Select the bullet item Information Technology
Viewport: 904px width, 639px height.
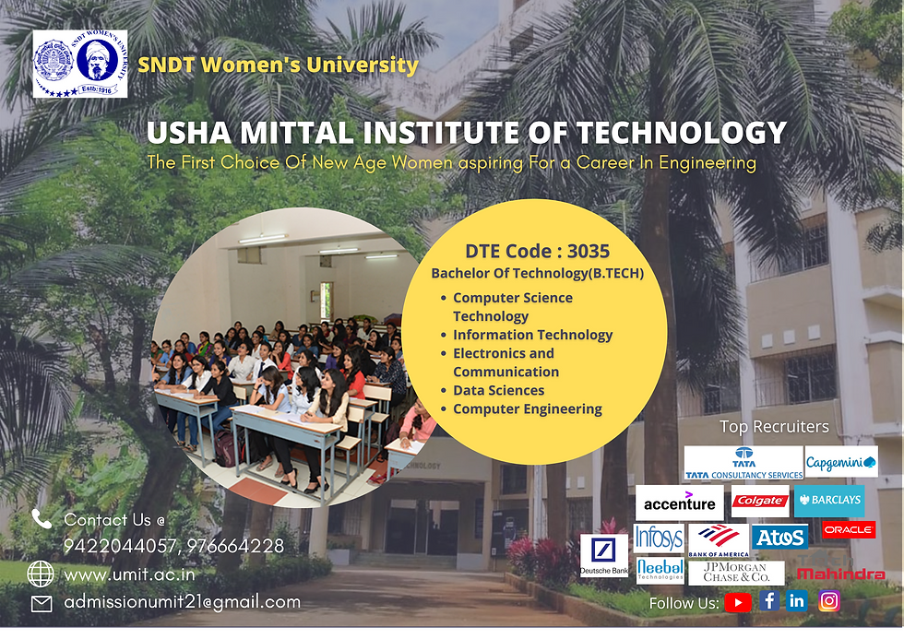[x=532, y=335]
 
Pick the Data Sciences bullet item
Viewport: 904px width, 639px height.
[x=498, y=390]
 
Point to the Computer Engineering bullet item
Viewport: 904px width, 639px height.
[x=527, y=408]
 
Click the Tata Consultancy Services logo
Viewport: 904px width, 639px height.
[x=743, y=463]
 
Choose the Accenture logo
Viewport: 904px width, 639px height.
[x=679, y=503]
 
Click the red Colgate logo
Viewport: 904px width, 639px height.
[x=759, y=502]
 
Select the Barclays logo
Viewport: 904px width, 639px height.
[x=829, y=501]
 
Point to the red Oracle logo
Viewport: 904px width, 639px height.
[x=848, y=530]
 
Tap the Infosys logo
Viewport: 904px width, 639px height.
[x=658, y=538]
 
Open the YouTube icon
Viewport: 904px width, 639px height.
[x=738, y=602]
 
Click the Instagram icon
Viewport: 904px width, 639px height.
[x=829, y=601]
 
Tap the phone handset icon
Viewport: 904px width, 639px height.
[x=42, y=518]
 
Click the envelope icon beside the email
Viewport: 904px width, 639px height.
[x=42, y=604]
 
